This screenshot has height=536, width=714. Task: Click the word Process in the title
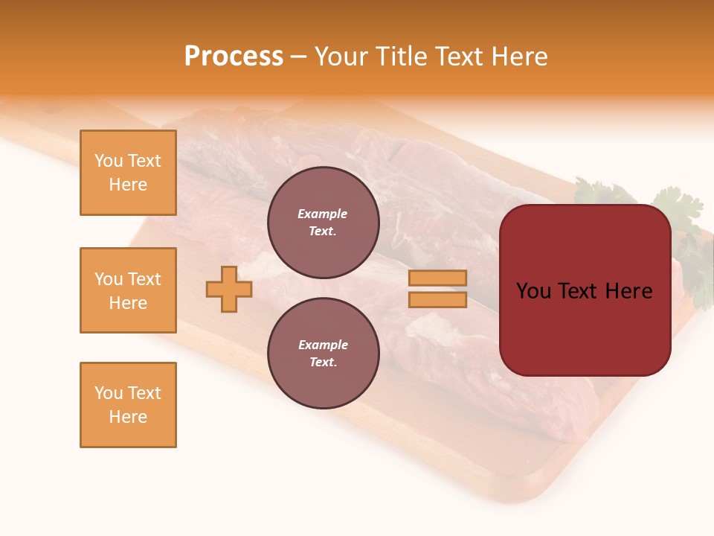234,57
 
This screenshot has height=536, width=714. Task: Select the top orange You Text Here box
128,173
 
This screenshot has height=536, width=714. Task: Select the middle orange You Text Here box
128,290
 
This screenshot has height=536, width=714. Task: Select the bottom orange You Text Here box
128,405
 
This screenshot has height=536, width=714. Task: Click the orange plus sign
229,289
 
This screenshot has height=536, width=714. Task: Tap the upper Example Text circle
323,223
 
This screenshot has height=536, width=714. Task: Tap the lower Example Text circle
323,354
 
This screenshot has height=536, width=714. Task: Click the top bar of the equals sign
437,278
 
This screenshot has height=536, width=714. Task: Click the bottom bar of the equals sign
437,300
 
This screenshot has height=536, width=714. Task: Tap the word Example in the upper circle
322,214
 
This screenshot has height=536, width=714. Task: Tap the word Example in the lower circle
323,345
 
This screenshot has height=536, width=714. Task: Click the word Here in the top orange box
128,185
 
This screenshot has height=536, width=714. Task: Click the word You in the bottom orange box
108,393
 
